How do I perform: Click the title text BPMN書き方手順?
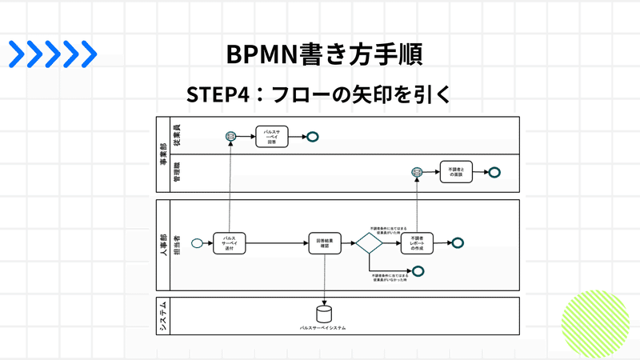tap(321, 54)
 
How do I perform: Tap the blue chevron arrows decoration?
tap(53, 54)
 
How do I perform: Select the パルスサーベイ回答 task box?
tap(271, 137)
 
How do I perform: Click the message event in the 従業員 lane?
tap(230, 137)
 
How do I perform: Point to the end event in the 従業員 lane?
tap(314, 137)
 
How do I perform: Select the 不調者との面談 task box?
tap(455, 172)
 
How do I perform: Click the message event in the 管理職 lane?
tap(417, 172)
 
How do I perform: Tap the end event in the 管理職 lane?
tap(494, 172)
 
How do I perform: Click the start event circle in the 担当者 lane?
tap(196, 243)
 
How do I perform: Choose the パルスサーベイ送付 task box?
tap(230, 243)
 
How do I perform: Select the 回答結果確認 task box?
tap(325, 243)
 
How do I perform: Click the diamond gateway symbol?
tap(370, 243)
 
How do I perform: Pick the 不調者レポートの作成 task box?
tap(417, 243)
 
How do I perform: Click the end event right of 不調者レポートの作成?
tap(458, 243)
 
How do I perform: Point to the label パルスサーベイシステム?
tap(323, 328)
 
